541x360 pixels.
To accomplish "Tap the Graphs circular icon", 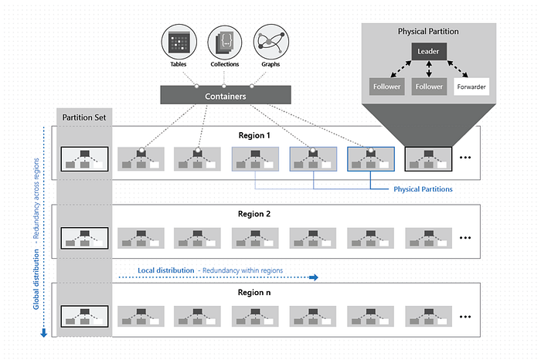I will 271,42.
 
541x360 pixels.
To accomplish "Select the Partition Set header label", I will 85,118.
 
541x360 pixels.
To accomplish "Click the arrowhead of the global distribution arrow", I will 43,333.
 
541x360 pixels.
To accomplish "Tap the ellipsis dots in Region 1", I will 465,158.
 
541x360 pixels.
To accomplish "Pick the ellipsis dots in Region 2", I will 465,237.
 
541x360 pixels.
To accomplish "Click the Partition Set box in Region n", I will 84,316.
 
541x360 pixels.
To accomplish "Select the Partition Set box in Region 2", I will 84,237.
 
